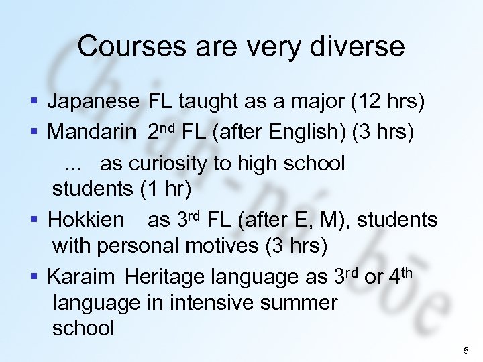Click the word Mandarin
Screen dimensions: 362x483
point(91,132)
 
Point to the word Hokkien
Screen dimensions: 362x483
point(86,219)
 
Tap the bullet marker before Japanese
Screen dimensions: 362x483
point(34,103)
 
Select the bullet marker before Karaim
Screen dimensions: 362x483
point(34,276)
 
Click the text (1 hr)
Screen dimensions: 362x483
point(165,189)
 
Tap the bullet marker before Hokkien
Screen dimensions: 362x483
point(34,219)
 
